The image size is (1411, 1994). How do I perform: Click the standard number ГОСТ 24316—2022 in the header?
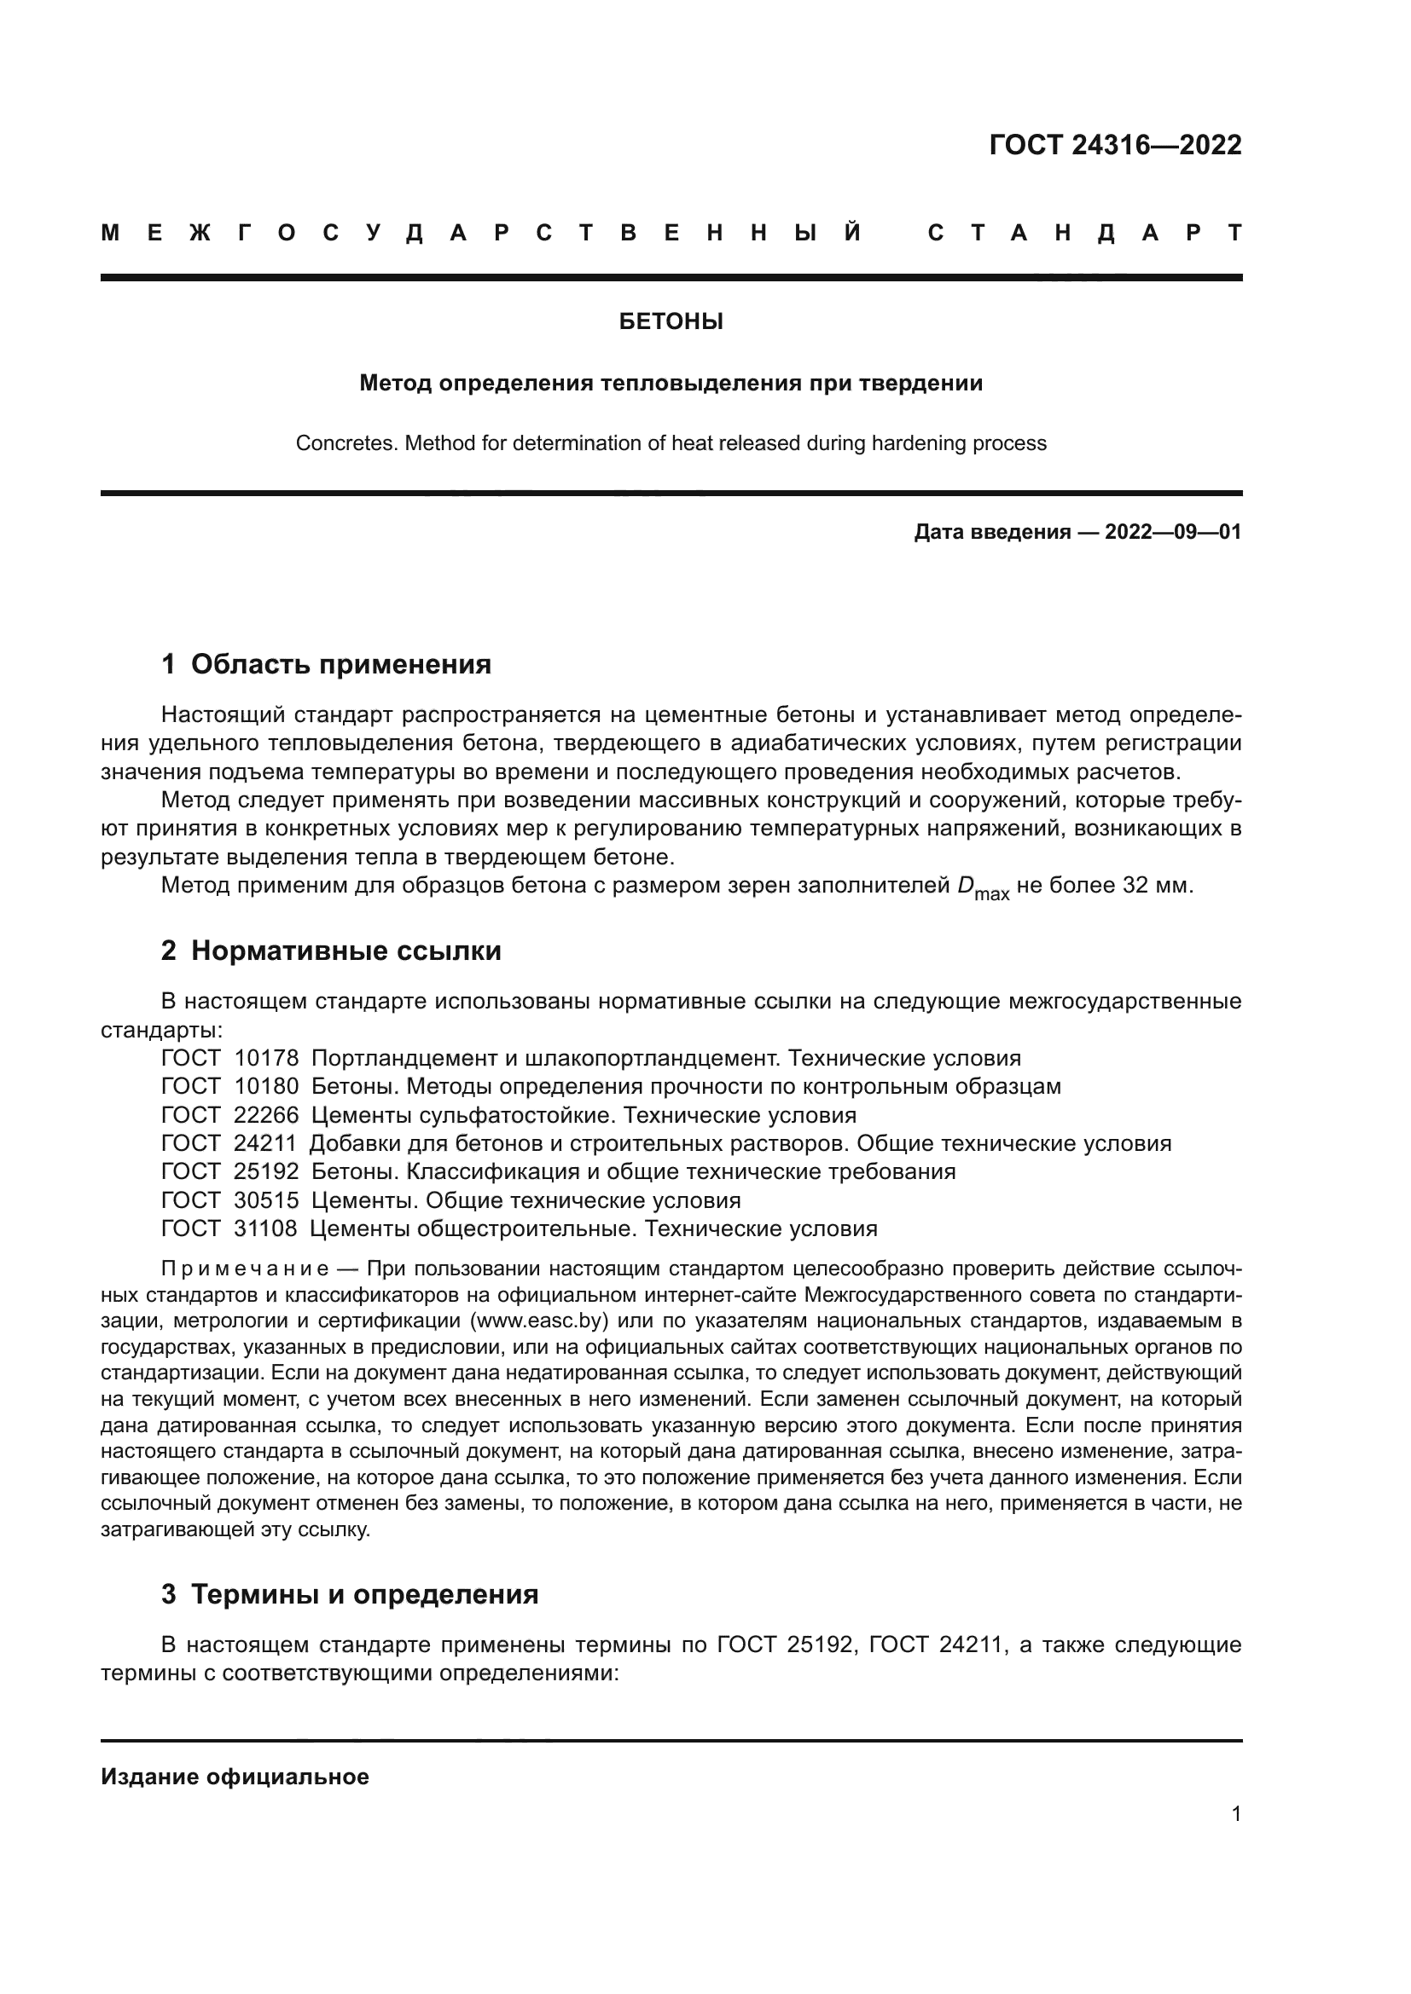[x=1115, y=145]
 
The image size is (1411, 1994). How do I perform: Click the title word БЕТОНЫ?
[x=671, y=322]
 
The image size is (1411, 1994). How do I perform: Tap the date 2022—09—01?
[x=1173, y=532]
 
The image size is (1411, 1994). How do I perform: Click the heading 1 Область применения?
[x=326, y=664]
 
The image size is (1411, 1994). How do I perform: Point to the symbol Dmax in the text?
[x=983, y=888]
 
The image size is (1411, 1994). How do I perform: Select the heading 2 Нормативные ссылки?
[x=331, y=951]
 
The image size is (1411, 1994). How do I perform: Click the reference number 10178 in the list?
[x=266, y=1059]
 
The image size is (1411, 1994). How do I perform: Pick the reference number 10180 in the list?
[x=266, y=1086]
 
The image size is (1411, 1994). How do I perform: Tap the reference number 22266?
[x=266, y=1115]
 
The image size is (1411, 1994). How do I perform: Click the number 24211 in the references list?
[x=265, y=1144]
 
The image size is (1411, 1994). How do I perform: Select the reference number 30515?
[x=266, y=1201]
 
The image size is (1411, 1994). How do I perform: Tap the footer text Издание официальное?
[x=235, y=1777]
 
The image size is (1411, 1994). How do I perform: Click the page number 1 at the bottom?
[x=1236, y=1814]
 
